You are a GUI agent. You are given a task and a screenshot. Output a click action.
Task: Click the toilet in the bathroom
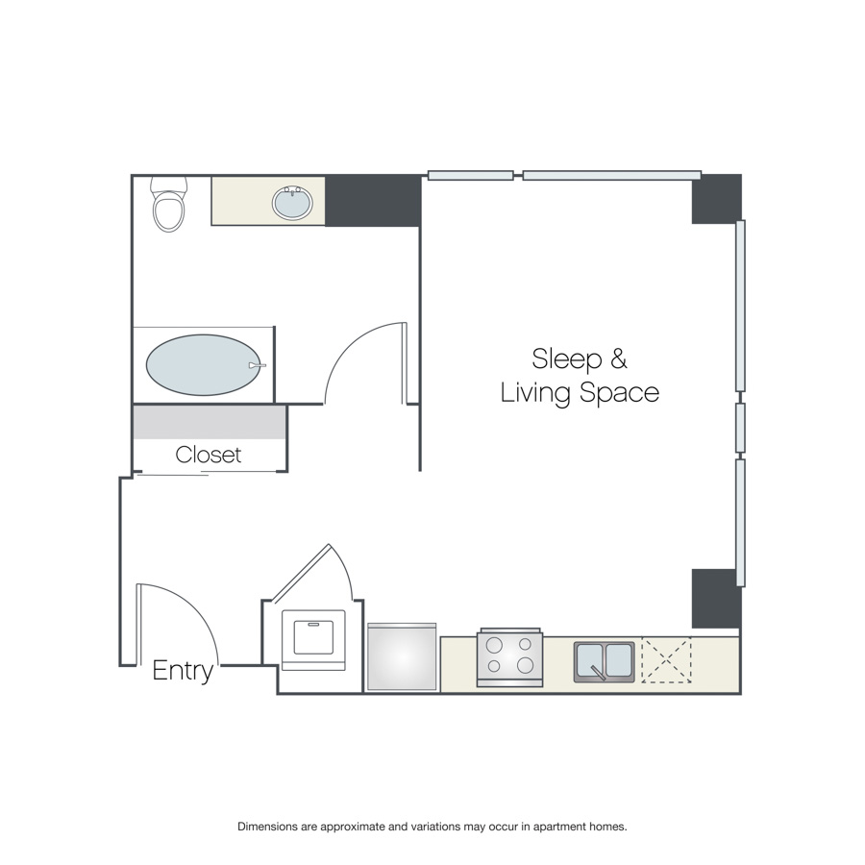point(169,204)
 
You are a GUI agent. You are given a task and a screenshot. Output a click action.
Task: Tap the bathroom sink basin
point(292,203)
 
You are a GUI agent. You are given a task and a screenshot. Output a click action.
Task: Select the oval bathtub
point(204,364)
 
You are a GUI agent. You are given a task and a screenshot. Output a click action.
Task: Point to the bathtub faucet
point(257,365)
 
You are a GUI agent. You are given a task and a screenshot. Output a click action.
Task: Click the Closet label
point(208,456)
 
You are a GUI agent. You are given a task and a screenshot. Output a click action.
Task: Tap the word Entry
point(183,671)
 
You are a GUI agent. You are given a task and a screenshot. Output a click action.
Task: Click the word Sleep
point(567,359)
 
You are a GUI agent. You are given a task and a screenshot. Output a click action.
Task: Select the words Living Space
point(580,393)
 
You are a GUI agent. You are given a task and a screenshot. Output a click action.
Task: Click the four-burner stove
point(509,657)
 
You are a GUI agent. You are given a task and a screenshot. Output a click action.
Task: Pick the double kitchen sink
point(605,661)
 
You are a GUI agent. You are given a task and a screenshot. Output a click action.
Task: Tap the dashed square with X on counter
point(666,660)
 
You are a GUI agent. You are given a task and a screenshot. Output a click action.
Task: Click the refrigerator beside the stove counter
point(402,656)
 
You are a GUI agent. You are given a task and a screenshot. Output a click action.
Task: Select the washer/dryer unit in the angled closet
point(313,640)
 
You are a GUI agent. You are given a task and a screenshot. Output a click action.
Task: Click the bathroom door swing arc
point(350,345)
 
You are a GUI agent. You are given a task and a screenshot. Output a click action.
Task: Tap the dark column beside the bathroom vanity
point(373,201)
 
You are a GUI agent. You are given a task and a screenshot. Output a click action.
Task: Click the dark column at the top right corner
point(717,199)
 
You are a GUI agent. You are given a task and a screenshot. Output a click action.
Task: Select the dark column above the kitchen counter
point(714,599)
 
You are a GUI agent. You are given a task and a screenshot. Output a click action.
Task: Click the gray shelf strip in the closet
point(210,423)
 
